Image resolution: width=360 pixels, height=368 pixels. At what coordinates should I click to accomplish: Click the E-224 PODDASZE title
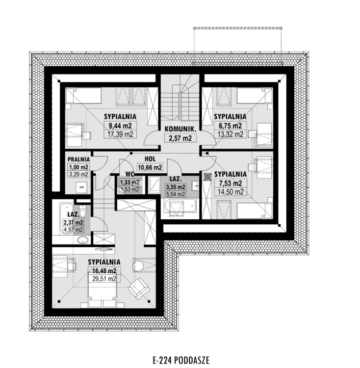point(181,360)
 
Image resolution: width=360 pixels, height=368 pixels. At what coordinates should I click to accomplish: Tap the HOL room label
point(150,159)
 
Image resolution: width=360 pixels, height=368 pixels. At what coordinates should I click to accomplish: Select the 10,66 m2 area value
point(150,167)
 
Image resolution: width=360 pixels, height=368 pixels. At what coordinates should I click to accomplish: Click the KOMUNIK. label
point(180,129)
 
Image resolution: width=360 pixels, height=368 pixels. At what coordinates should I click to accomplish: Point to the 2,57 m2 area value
point(180,138)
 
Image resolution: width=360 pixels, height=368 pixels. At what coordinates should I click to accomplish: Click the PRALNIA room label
point(79,159)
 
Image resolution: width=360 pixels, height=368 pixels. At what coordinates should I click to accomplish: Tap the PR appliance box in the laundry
point(81,187)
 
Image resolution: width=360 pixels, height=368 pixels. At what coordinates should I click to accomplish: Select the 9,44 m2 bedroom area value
point(120,126)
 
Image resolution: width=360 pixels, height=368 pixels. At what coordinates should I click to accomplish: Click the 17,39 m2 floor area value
point(120,134)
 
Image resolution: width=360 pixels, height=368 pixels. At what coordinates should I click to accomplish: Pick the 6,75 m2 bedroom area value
point(231,126)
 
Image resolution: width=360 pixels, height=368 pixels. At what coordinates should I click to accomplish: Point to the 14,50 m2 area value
point(231,192)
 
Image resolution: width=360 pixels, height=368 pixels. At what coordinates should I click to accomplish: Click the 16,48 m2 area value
point(104,271)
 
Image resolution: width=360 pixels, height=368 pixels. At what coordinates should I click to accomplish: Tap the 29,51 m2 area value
point(104,279)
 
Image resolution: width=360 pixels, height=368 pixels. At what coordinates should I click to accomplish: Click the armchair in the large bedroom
point(139,289)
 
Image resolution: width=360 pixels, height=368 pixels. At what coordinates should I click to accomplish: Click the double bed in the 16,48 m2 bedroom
point(102,290)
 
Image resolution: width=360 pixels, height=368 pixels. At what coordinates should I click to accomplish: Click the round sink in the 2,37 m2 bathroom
point(83,240)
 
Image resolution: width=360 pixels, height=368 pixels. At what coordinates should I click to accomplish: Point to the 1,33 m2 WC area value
point(129,183)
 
